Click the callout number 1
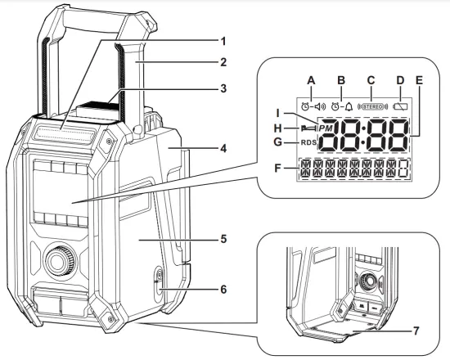tap(201, 38)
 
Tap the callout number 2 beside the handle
tap(201, 61)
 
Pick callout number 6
tap(201, 289)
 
